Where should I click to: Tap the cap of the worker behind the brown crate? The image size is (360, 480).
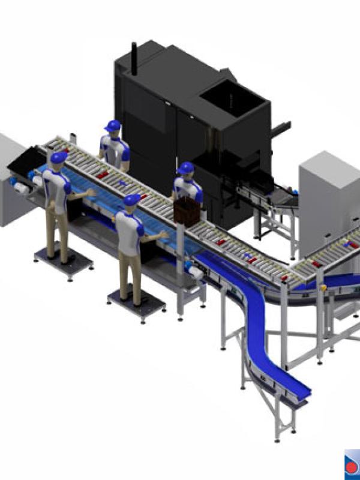pyautogui.click(x=185, y=167)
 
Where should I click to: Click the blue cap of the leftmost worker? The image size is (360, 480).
pyautogui.click(x=59, y=158)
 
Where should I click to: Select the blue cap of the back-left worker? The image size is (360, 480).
pyautogui.click(x=112, y=125)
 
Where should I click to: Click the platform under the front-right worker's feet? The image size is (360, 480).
pyautogui.click(x=136, y=303)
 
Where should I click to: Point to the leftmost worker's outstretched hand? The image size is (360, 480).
pyautogui.click(x=90, y=192)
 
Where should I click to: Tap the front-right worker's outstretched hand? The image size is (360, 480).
pyautogui.click(x=163, y=234)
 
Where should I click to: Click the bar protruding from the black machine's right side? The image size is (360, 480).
pyautogui.click(x=281, y=127)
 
